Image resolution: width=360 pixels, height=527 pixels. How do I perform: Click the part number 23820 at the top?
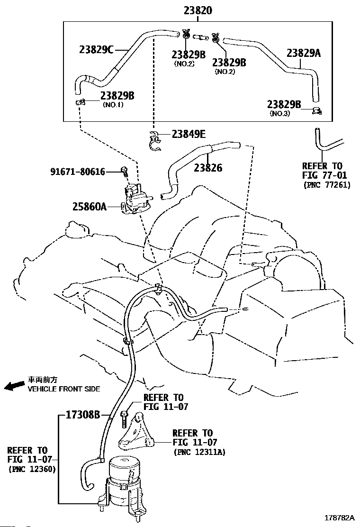198,10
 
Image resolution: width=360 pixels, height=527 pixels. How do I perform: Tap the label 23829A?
303,54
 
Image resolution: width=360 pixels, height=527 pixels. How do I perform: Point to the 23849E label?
189,134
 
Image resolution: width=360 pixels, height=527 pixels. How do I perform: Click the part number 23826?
208,168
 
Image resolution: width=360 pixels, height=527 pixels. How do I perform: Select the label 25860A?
96,206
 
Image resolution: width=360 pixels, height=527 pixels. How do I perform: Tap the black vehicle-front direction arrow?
14,386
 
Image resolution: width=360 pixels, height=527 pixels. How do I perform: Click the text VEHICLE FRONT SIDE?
64,389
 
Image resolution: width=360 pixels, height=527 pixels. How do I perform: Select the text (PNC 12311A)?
199,452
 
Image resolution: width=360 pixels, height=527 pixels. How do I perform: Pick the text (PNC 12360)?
32,469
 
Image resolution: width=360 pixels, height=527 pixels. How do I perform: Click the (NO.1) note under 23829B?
113,105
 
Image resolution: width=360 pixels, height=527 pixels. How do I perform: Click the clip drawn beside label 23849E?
153,142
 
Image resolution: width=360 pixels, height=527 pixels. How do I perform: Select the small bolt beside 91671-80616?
125,172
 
